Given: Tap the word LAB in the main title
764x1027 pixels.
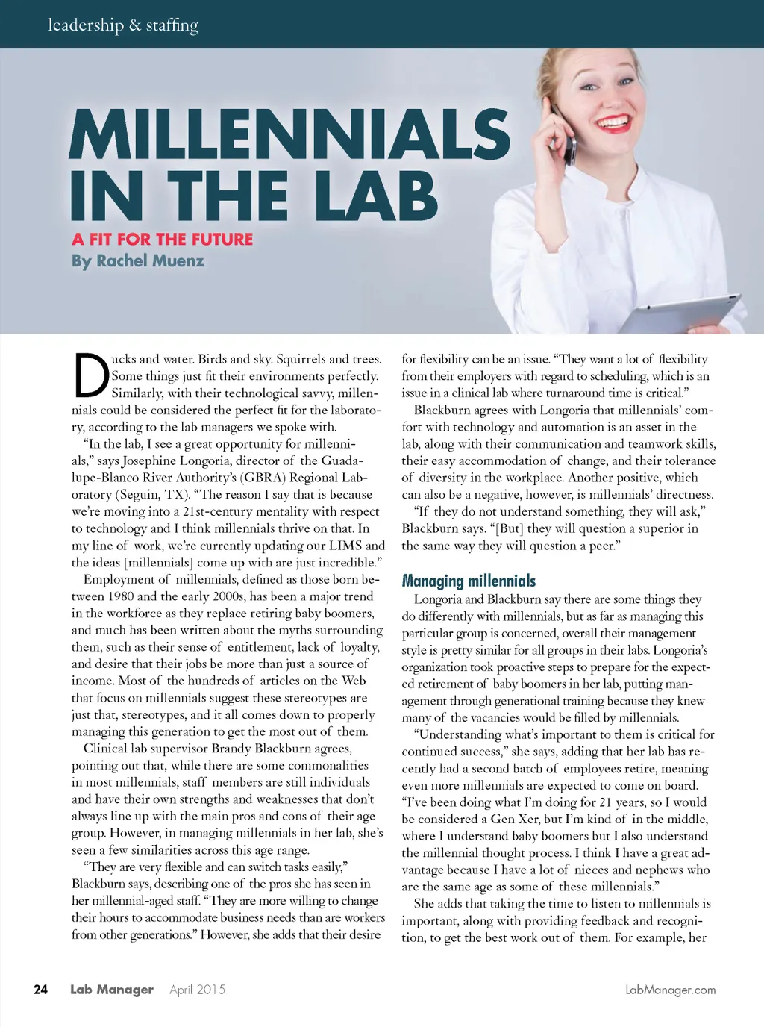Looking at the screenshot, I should (x=376, y=196).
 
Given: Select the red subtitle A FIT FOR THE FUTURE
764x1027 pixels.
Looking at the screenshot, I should (x=163, y=240).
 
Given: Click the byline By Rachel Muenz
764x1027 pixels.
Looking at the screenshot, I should (x=138, y=261).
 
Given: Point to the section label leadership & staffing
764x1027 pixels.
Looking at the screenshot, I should (x=123, y=25).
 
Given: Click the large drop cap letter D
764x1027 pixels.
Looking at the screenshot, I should (x=91, y=375).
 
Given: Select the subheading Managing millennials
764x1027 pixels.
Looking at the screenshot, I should (x=469, y=581).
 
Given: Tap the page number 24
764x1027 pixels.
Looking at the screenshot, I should (x=41, y=990).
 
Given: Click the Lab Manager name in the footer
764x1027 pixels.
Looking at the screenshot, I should (x=112, y=990).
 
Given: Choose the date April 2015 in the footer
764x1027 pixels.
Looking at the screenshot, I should (x=197, y=990).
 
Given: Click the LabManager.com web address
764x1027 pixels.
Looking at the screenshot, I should (x=670, y=990).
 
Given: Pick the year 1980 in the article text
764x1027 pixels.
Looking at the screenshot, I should (x=121, y=596).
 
